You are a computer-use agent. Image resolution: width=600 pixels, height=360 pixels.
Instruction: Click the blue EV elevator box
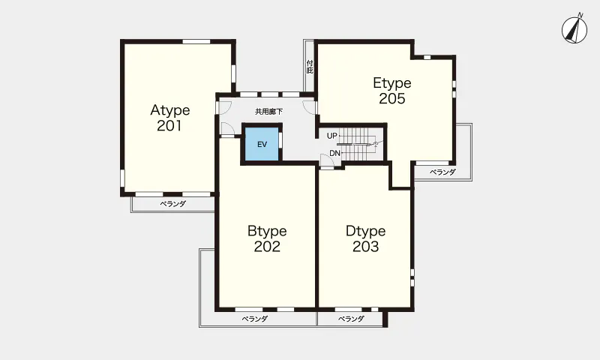pos(262,144)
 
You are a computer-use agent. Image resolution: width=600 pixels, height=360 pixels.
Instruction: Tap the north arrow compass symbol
pos(574,29)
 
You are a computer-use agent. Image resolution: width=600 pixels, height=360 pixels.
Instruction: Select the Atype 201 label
pos(170,118)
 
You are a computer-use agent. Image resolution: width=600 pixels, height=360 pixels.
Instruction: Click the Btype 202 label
pos(267,238)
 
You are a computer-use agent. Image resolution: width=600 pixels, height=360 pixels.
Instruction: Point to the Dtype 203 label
pos(365,238)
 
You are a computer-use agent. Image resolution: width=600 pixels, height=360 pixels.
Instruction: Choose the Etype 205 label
pos(392,91)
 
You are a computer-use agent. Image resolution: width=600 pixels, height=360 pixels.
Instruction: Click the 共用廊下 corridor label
pos(269,112)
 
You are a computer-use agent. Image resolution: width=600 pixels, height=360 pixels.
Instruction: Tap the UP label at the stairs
pos(331,136)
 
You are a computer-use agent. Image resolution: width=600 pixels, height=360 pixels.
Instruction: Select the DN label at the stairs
pos(334,153)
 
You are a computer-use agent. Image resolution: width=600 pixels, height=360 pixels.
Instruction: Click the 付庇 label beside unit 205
pos(310,67)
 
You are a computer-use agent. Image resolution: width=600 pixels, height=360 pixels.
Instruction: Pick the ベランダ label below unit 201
pos(172,204)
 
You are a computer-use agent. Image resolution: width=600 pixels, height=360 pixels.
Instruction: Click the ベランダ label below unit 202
pos(254,319)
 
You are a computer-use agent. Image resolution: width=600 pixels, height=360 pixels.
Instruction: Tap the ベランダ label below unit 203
pos(351,319)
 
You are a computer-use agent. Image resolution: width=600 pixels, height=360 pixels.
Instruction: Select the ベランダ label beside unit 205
pos(442,172)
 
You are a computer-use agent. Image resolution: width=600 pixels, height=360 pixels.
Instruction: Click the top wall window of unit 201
pos(196,41)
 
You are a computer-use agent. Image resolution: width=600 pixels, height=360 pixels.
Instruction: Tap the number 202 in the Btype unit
pos(267,247)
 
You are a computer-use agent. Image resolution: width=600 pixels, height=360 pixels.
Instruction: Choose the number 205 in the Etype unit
pos(392,99)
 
